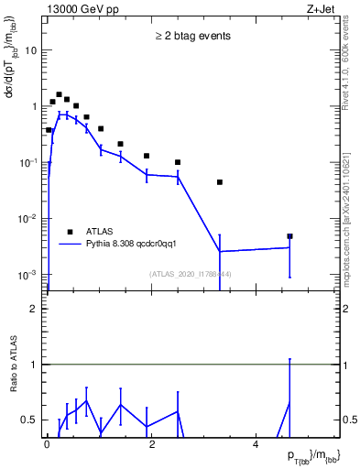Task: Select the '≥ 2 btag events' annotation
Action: pyautogui.click(x=192, y=37)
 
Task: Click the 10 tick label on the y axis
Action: pyautogui.click(x=31, y=50)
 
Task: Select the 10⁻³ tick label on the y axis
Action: pyautogui.click(x=27, y=274)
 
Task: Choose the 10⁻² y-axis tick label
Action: pyautogui.click(x=27, y=218)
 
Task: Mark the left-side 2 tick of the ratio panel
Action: pyautogui.click(x=34, y=309)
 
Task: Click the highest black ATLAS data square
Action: pyautogui.click(x=59, y=94)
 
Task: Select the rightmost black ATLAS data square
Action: pyautogui.click(x=289, y=236)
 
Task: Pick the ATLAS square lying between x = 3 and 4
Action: pyautogui.click(x=220, y=182)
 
